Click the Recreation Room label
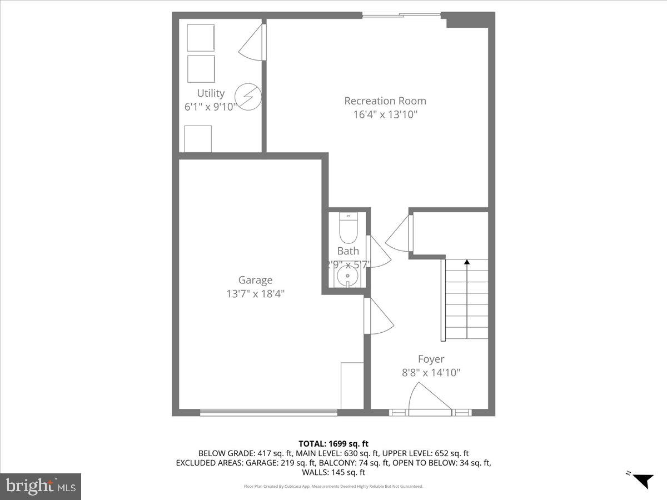coord(385,101)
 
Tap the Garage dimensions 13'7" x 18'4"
coord(256,294)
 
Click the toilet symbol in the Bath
coord(349,227)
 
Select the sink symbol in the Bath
coord(349,276)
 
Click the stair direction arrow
coord(467,261)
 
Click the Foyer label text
coord(431,359)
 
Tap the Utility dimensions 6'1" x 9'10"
coord(211,107)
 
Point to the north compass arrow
coord(644,480)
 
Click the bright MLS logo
coord(41,486)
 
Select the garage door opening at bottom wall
coord(268,412)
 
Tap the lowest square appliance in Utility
coord(198,138)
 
